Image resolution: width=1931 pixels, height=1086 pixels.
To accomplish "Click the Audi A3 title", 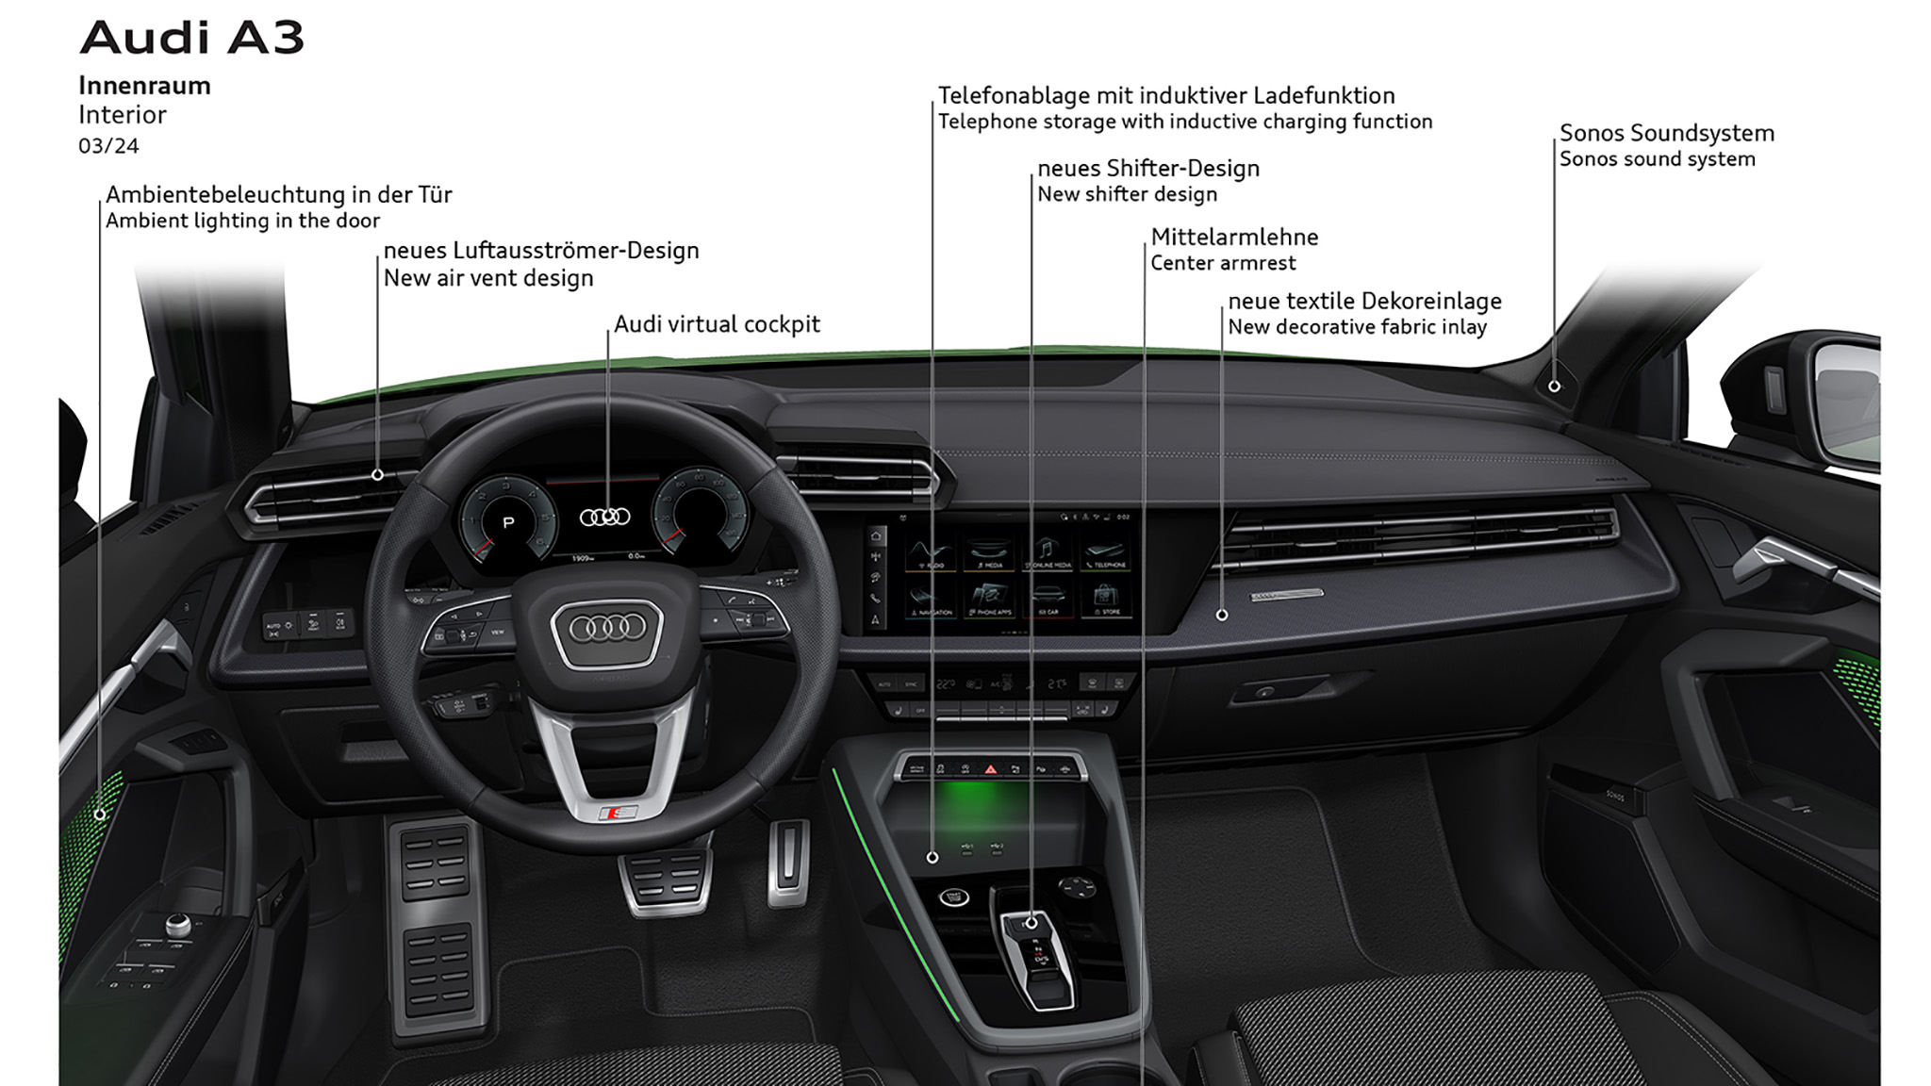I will pos(192,38).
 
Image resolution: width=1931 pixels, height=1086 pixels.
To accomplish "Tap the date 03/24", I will pos(108,146).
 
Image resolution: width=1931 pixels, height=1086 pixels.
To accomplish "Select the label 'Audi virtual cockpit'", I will pos(717,324).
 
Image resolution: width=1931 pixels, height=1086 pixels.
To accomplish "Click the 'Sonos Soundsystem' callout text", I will pos(1666,133).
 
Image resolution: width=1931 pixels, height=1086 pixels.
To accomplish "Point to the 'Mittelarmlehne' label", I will pos(1234,237).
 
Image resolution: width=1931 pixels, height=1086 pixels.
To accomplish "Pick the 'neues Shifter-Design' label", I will pos(1147,168).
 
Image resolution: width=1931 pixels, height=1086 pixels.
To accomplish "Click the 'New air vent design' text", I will pos(488,278).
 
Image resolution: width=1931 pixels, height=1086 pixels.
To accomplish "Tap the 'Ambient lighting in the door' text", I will pos(242,221).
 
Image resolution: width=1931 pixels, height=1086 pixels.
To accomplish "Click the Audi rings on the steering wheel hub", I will pos(608,628).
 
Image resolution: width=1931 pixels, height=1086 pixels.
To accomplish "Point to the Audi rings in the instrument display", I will pos(604,517).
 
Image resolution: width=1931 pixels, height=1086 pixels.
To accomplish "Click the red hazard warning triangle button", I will pos(990,769).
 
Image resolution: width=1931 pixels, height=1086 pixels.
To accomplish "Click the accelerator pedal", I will pos(788,860).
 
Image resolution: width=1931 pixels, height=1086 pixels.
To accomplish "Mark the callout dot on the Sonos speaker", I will pos(1554,386).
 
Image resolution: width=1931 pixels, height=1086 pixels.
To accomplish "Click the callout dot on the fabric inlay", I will pos(1222,615).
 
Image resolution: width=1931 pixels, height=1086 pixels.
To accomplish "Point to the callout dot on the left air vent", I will pos(377,475).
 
